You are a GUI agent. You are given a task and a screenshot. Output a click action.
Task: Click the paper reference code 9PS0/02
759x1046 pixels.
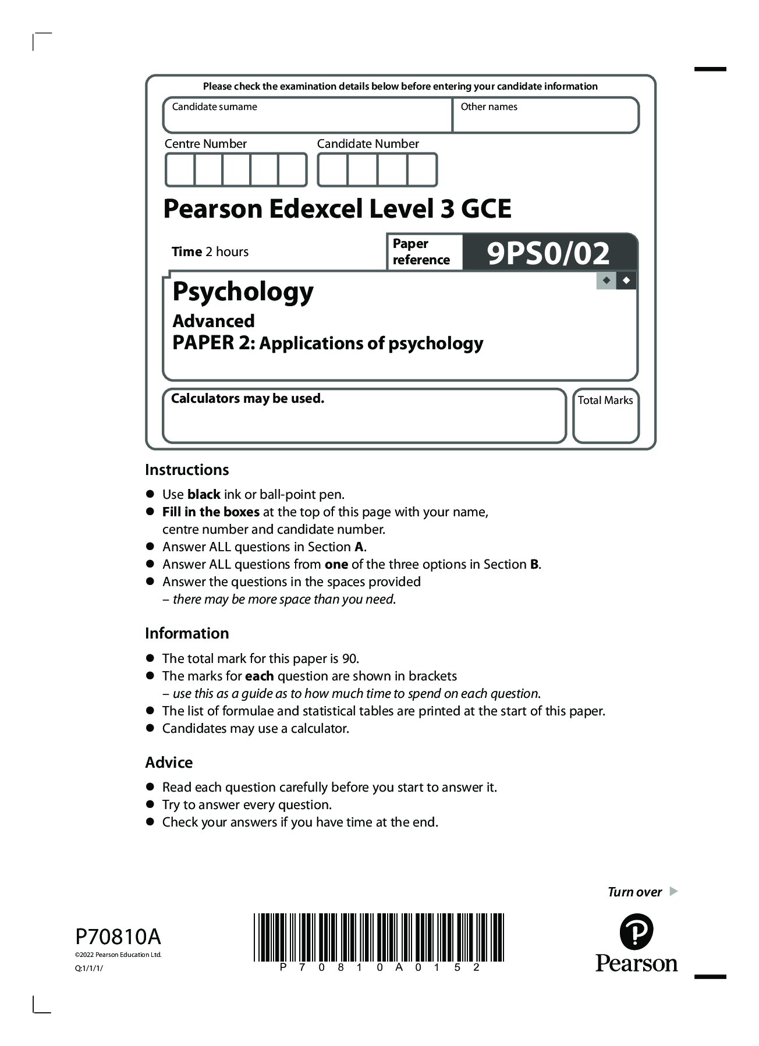pyautogui.click(x=548, y=253)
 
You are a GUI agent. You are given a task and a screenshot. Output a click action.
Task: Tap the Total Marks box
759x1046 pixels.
pyautogui.click(x=605, y=416)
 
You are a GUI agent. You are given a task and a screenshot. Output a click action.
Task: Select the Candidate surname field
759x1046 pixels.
pyautogui.click(x=307, y=115)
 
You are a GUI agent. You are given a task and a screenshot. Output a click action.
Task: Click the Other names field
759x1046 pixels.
pyautogui.click(x=545, y=115)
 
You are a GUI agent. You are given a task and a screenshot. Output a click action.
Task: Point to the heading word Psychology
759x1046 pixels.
pyautogui.click(x=243, y=292)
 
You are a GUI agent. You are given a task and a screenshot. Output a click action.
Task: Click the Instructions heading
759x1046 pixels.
pyautogui.click(x=187, y=470)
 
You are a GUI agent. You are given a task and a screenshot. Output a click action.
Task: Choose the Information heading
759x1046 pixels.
pyautogui.click(x=187, y=633)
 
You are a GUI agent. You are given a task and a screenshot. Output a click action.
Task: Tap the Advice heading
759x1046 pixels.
pyautogui.click(x=169, y=763)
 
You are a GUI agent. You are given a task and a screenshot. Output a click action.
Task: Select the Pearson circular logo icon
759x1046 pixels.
pyautogui.click(x=636, y=932)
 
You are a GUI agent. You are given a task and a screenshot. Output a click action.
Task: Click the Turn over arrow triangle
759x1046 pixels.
pyautogui.click(x=673, y=891)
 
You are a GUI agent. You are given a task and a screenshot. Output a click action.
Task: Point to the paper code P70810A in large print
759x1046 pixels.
pyautogui.click(x=118, y=937)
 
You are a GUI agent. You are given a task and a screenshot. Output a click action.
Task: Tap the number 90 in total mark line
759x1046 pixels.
pyautogui.click(x=349, y=658)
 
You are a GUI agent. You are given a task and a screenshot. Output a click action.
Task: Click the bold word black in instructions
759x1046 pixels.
pyautogui.click(x=204, y=494)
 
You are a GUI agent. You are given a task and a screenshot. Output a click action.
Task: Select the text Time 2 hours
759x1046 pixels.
pyautogui.click(x=210, y=251)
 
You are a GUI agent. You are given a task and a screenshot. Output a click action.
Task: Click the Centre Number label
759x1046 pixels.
pyautogui.click(x=205, y=144)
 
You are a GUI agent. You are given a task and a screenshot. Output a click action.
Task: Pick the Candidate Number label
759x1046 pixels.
pyautogui.click(x=368, y=144)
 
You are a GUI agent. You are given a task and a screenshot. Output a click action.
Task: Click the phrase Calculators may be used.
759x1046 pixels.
pyautogui.click(x=247, y=399)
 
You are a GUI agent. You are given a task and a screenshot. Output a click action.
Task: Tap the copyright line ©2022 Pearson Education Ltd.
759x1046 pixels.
pyautogui.click(x=118, y=955)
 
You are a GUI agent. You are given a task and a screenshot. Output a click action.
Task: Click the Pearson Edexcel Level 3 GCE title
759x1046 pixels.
pyautogui.click(x=337, y=208)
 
